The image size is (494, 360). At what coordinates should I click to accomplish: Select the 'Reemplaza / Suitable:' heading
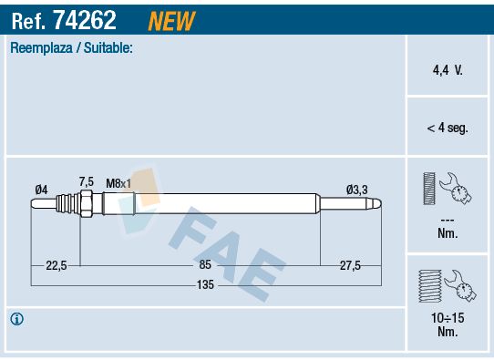(71, 48)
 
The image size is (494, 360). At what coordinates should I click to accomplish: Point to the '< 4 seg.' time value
(447, 129)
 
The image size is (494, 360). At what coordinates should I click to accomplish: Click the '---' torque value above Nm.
(447, 220)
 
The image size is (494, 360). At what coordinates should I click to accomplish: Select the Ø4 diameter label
(41, 189)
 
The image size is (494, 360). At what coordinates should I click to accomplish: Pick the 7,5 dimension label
(87, 181)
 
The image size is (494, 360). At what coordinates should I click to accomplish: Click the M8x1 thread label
(118, 183)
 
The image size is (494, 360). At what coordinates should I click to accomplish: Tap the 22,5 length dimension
(57, 265)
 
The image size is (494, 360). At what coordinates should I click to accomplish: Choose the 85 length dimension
(205, 265)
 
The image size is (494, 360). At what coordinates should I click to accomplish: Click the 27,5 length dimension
(350, 265)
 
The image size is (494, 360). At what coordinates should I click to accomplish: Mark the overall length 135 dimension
(205, 285)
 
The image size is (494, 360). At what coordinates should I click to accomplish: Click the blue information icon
(16, 319)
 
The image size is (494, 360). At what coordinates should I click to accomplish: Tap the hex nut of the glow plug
(86, 206)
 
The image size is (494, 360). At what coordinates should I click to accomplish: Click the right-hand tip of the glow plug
(378, 206)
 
